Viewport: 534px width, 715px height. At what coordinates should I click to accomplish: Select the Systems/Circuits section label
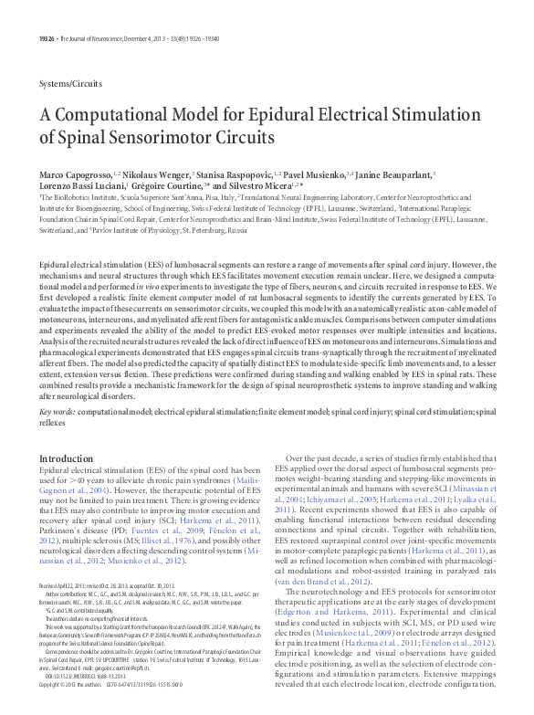point(70,83)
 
